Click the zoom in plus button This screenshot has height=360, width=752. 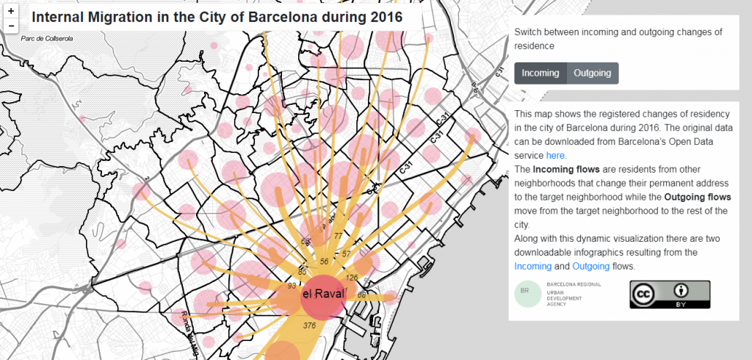tap(11, 12)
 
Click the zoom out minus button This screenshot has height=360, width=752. tap(11, 26)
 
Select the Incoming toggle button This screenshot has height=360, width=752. tap(540, 73)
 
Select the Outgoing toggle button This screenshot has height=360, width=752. tap(593, 73)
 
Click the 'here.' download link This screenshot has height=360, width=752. tap(556, 156)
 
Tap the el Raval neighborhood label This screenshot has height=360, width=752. tap(323, 295)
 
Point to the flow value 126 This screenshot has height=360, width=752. tap(351, 278)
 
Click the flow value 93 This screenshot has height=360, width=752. tap(292, 286)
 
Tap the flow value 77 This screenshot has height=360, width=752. tap(338, 236)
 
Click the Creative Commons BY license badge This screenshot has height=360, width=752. tap(669, 294)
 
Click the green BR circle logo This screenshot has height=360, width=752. tap(524, 292)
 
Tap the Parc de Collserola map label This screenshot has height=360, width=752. tap(47, 38)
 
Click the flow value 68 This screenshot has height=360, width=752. tap(361, 295)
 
